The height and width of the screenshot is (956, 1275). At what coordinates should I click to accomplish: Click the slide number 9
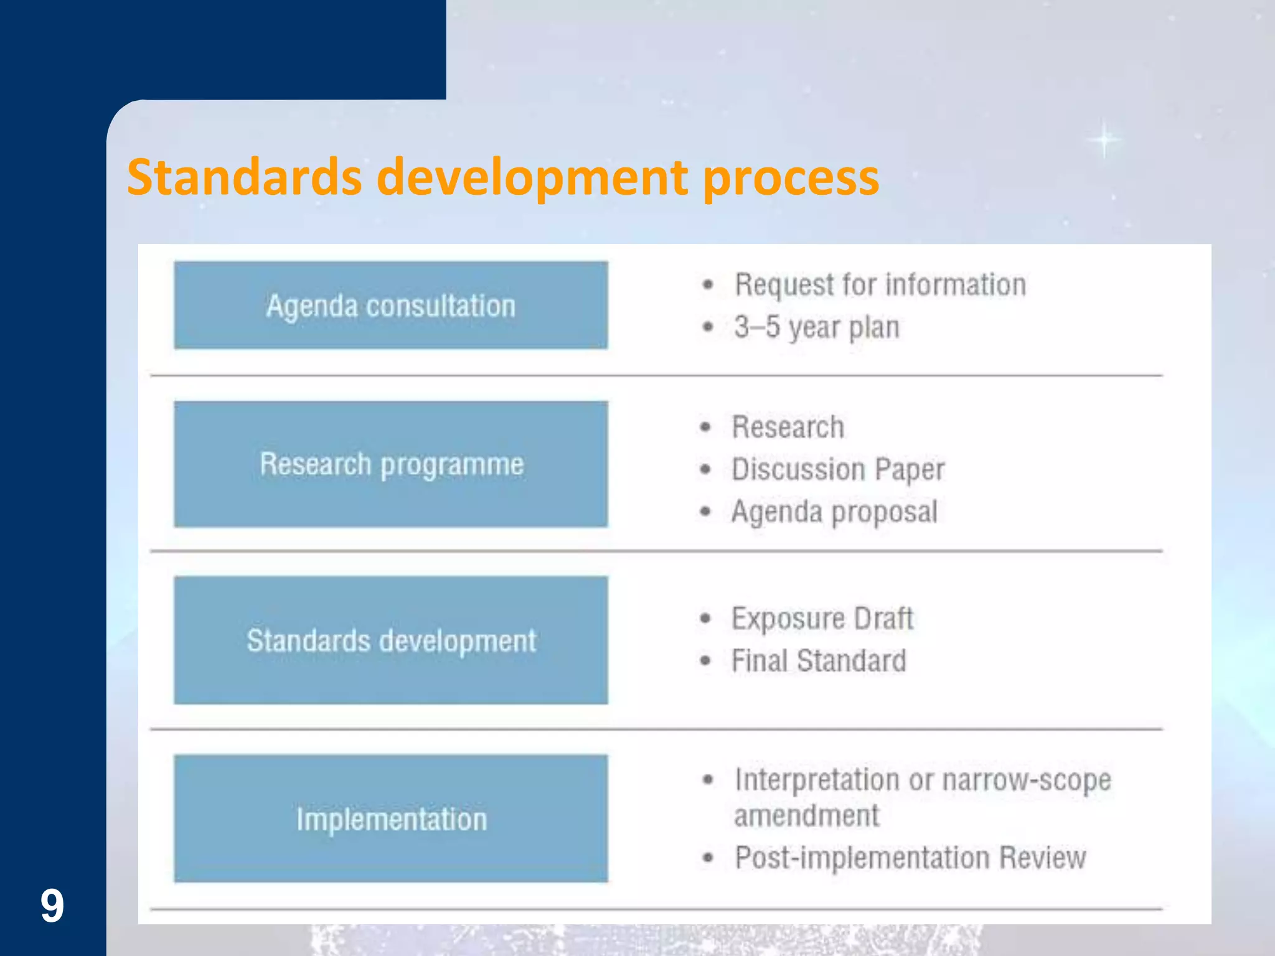click(x=52, y=906)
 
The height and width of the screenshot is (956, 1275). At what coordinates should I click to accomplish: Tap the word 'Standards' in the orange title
click(x=244, y=177)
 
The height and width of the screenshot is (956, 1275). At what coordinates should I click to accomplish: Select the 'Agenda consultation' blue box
click(x=391, y=305)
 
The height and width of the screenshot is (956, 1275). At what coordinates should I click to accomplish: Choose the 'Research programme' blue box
click(x=391, y=464)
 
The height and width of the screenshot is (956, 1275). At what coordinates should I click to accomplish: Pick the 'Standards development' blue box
click(x=391, y=640)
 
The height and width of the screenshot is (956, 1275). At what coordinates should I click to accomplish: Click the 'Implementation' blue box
click(x=391, y=818)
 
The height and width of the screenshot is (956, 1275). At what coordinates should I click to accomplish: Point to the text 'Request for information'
click(x=880, y=285)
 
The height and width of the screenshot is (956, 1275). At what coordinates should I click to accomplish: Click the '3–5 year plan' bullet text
click(x=816, y=327)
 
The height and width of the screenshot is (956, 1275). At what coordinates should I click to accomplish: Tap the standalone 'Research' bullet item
click(x=788, y=427)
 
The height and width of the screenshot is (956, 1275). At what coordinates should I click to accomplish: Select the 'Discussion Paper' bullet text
click(x=837, y=469)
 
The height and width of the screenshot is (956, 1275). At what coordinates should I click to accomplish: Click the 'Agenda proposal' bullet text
click(x=834, y=512)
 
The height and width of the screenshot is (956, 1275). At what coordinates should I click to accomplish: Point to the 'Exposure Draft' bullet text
click(x=822, y=619)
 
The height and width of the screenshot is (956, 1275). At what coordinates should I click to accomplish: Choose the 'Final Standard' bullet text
click(x=818, y=661)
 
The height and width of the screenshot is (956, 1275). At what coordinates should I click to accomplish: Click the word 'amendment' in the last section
click(x=806, y=816)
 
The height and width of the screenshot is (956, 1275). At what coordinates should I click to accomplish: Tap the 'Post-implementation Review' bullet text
click(x=910, y=858)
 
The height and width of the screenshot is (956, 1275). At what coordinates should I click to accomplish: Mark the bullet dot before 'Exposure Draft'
click(x=705, y=619)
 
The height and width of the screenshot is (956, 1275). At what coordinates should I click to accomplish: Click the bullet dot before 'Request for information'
click(x=708, y=285)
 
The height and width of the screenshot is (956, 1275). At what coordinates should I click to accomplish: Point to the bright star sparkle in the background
click(x=1104, y=139)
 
